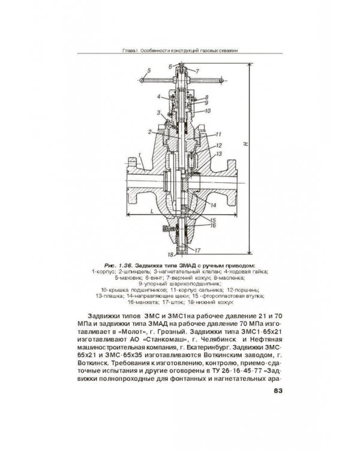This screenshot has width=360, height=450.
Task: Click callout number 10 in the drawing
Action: coord(206,112)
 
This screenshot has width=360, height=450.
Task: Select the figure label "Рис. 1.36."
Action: coord(119,264)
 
